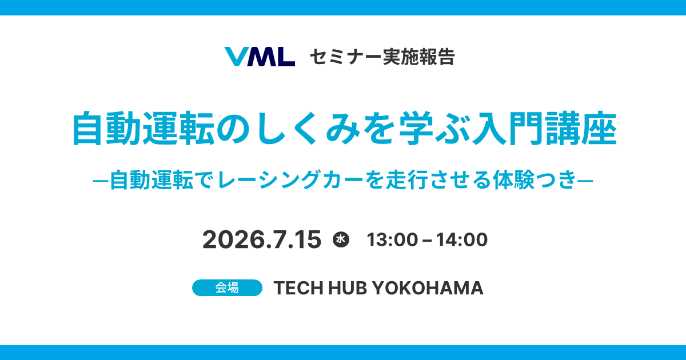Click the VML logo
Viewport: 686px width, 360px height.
pyautogui.click(x=260, y=57)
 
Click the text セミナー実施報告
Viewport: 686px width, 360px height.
pyautogui.click(x=382, y=57)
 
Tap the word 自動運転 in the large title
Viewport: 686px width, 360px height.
pyautogui.click(x=143, y=128)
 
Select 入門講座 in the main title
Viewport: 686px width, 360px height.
pyautogui.click(x=544, y=128)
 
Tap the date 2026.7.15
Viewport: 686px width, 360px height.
pyautogui.click(x=262, y=239)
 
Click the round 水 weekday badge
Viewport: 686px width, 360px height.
pyautogui.click(x=341, y=239)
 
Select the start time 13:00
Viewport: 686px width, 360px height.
pyautogui.click(x=392, y=239)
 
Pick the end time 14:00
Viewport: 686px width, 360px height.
pyautogui.click(x=462, y=239)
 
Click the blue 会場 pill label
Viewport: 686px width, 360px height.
pyautogui.click(x=228, y=288)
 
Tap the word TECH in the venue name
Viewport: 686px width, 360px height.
pyautogui.click(x=298, y=288)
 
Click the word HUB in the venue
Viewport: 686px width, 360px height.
pyautogui.click(x=348, y=288)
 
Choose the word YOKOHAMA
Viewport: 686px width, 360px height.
pyautogui.click(x=428, y=288)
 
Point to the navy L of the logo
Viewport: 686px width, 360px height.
pyautogui.click(x=285, y=57)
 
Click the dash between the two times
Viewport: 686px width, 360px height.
pyautogui.click(x=427, y=241)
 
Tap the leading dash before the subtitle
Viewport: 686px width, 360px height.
pyautogui.click(x=101, y=181)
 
